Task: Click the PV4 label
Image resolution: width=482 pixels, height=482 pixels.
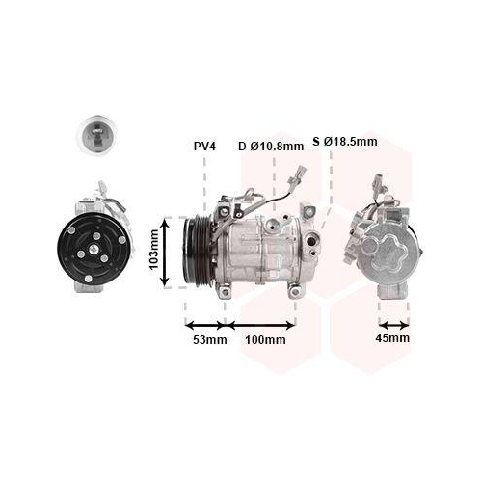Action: pyautogui.click(x=204, y=147)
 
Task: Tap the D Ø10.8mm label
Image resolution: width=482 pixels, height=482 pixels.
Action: pyautogui.click(x=271, y=147)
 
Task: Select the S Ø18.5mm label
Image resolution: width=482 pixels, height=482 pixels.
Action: pyautogui.click(x=345, y=141)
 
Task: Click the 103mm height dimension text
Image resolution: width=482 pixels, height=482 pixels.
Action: pyautogui.click(x=154, y=250)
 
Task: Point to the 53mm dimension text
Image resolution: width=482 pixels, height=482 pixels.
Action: pyautogui.click(x=210, y=339)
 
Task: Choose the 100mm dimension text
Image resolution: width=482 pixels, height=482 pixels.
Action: pyautogui.click(x=265, y=339)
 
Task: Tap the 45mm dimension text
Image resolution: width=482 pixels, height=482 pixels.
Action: pyautogui.click(x=392, y=338)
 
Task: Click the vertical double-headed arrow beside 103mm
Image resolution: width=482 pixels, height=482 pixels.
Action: pyautogui.click(x=165, y=252)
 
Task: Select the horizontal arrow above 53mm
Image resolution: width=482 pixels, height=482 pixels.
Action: pyautogui.click(x=205, y=325)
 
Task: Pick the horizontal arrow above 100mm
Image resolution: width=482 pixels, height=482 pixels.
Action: pyautogui.click(x=260, y=325)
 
